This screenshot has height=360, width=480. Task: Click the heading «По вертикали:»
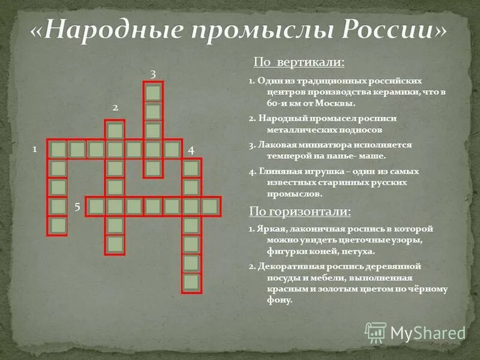click(299, 62)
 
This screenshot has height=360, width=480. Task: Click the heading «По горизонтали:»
click(301, 211)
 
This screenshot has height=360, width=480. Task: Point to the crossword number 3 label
click(153, 74)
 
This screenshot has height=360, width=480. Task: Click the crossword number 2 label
click(115, 107)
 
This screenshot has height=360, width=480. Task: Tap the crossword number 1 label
click(35, 148)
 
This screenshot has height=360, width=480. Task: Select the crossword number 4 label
click(191, 150)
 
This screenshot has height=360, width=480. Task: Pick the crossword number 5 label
click(78, 206)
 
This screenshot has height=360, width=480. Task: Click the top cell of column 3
click(153, 92)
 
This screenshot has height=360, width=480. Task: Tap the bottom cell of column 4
click(191, 283)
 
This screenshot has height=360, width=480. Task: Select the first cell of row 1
click(58, 149)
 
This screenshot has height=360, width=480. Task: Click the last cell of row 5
click(210, 206)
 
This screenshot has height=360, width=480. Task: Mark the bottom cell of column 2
click(115, 244)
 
